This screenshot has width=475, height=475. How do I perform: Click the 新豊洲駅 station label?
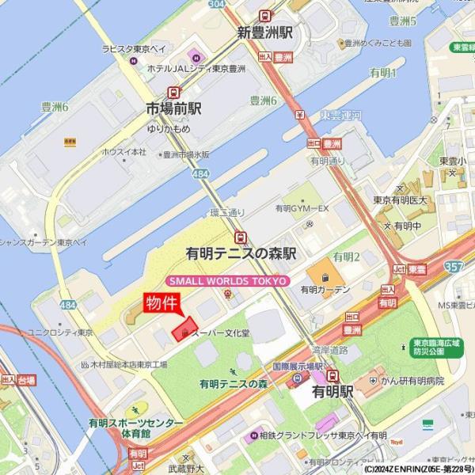265,33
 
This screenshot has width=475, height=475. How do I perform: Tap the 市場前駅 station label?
174,108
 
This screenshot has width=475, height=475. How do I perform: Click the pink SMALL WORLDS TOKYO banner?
228,280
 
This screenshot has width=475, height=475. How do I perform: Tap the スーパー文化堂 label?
220,333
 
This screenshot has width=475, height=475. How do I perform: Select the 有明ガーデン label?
325,291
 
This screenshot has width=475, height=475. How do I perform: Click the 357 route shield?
454,267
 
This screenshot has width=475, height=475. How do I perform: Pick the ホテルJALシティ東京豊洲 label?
196,69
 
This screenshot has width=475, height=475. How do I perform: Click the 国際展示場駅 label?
291,368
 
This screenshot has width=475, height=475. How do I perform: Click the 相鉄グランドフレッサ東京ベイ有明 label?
323,435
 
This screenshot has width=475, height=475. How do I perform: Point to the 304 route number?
217,4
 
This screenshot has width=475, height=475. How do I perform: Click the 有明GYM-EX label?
301,208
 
